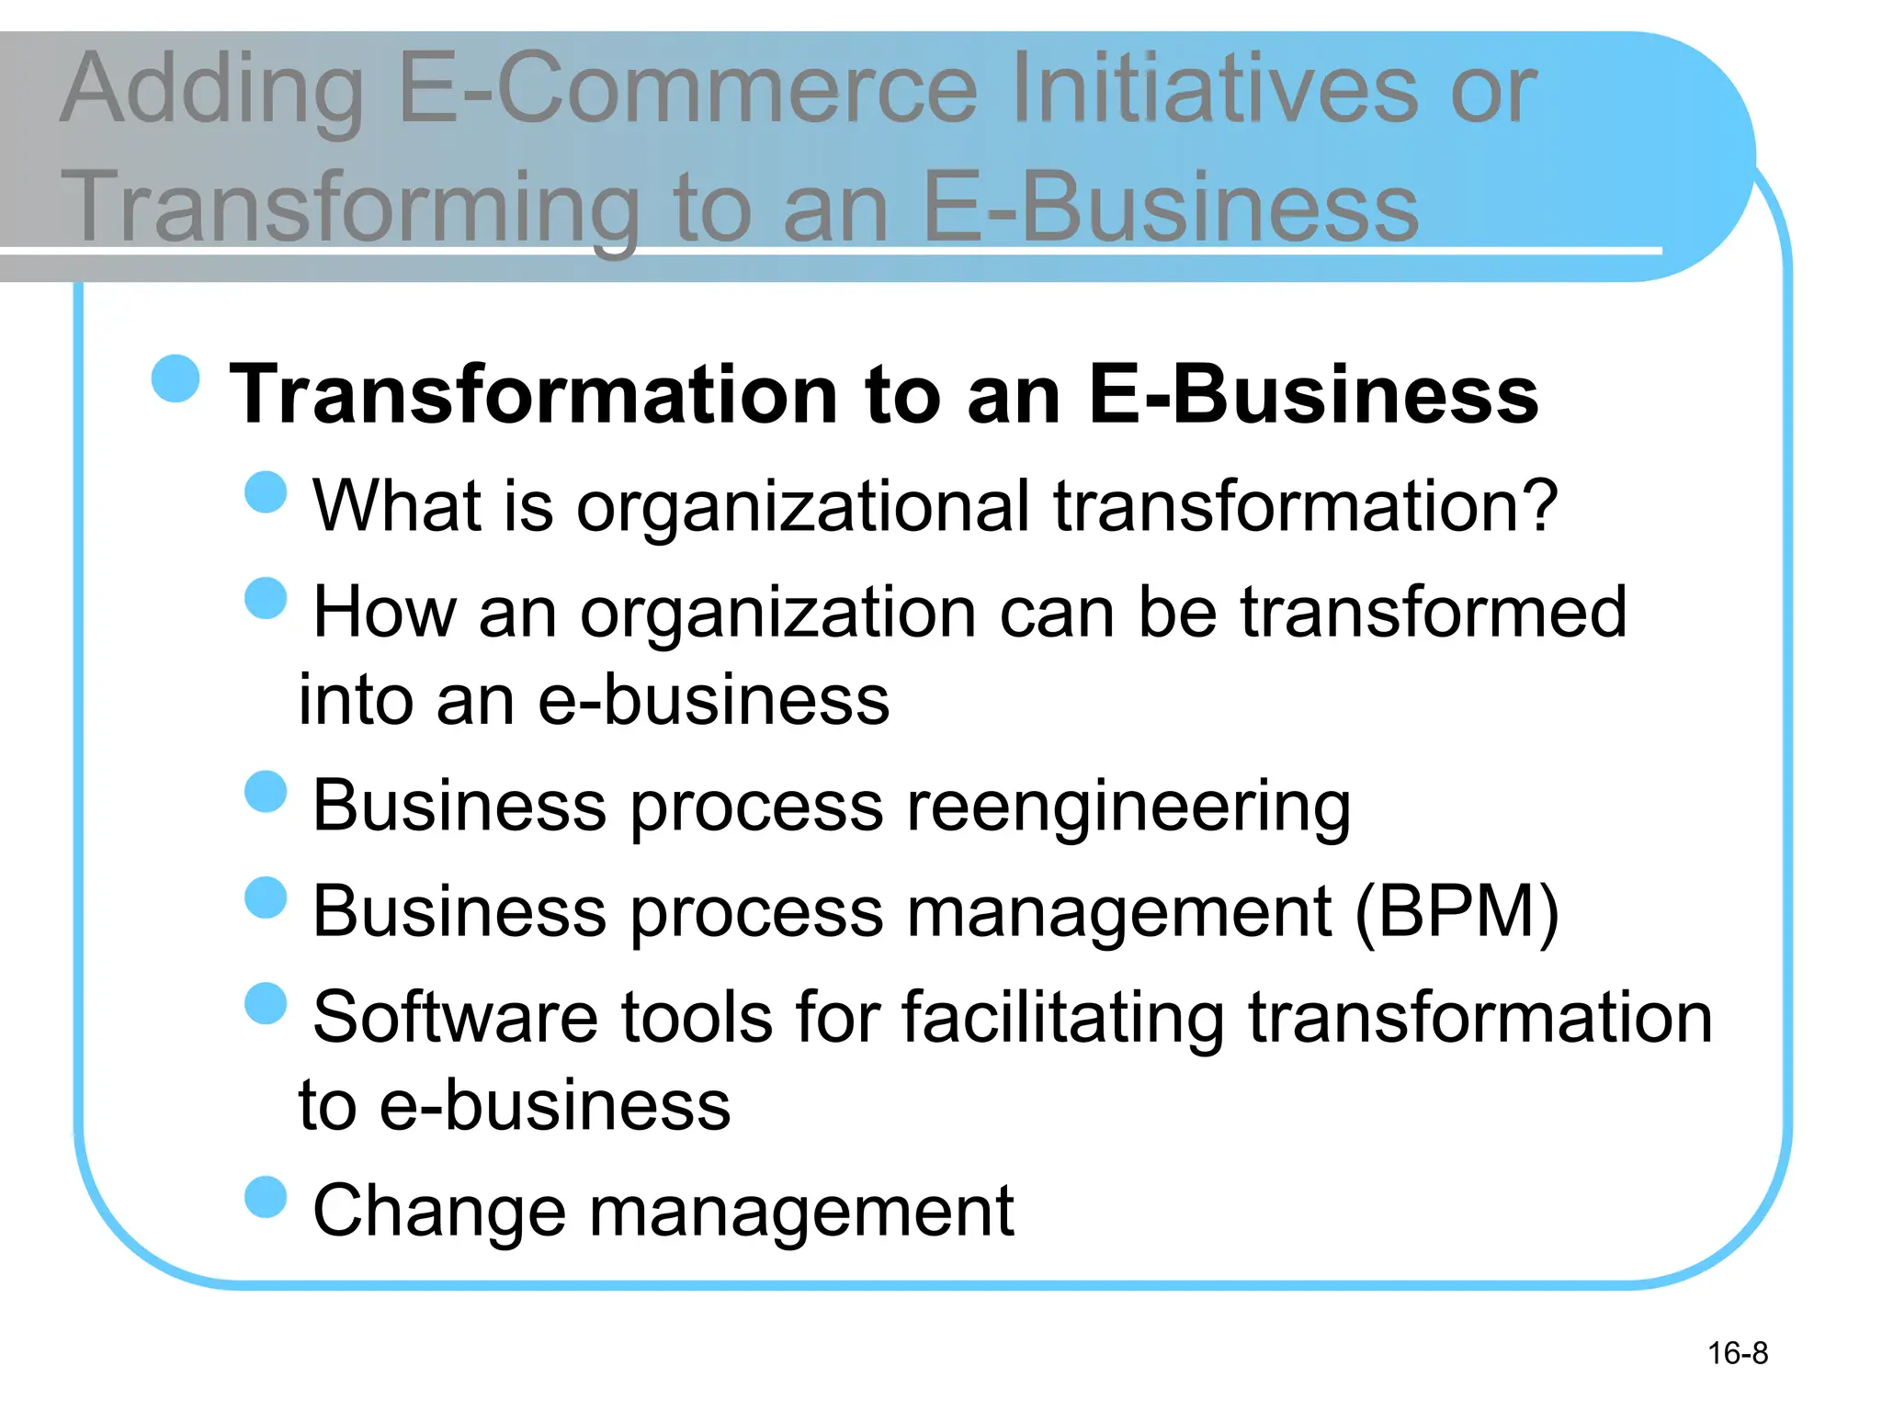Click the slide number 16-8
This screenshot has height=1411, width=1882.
tap(1737, 1353)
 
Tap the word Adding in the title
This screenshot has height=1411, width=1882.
tap(212, 90)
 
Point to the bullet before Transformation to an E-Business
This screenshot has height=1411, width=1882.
tap(176, 378)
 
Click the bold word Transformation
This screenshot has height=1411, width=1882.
tap(533, 394)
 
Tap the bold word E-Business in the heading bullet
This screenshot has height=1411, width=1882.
tap(1313, 394)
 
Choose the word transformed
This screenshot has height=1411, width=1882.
tap(1434, 612)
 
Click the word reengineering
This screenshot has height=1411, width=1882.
tap(1128, 807)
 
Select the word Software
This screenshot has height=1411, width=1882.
tap(455, 1017)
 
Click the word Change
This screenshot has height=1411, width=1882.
tap(438, 1211)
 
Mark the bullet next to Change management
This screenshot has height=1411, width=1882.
tap(266, 1197)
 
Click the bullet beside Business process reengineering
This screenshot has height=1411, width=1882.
tap(266, 792)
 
